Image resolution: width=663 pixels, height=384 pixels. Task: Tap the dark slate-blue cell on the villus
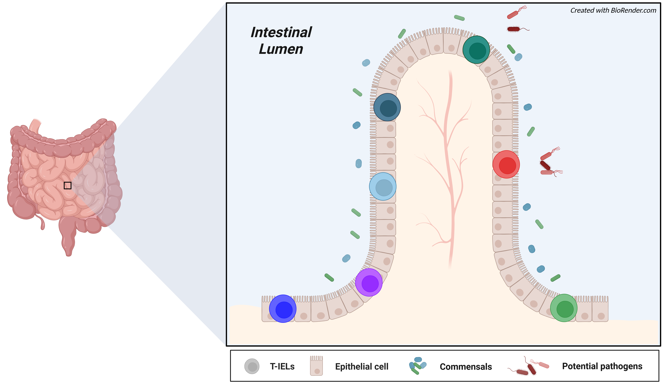(x=387, y=107)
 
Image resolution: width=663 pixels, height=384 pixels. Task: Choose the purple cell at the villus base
(x=369, y=282)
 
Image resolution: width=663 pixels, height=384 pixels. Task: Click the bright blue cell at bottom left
(x=283, y=309)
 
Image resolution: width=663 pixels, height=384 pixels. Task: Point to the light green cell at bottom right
(x=564, y=308)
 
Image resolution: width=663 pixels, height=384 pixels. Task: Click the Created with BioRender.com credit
(x=613, y=11)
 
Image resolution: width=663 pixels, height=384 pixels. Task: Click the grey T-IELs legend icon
(x=252, y=366)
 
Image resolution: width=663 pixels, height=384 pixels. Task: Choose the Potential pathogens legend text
(x=602, y=366)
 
